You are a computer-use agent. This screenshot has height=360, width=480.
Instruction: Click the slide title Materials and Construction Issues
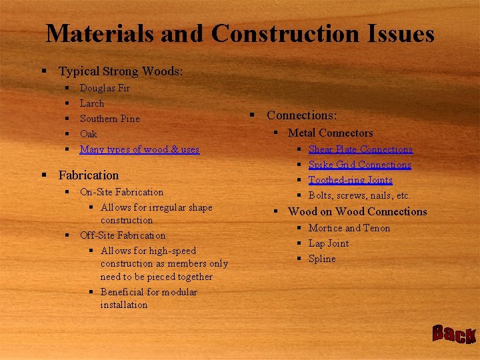click(x=240, y=33)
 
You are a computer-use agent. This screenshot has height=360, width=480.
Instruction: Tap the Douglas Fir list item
click(x=105, y=88)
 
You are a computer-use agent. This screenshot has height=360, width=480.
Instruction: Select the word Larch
click(x=92, y=103)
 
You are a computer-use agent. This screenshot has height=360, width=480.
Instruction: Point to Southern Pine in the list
click(x=109, y=119)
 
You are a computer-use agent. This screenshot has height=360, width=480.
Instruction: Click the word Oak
click(x=89, y=134)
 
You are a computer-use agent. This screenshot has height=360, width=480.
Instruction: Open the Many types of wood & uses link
click(x=139, y=149)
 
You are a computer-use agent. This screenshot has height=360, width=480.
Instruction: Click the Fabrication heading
click(x=88, y=175)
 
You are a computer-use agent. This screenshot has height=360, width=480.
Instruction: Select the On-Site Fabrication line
click(x=121, y=192)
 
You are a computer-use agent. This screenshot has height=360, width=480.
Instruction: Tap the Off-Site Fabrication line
click(x=123, y=235)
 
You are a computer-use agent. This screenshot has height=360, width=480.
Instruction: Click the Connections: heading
click(x=301, y=115)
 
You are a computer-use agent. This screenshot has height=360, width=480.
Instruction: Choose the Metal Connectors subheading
click(x=330, y=133)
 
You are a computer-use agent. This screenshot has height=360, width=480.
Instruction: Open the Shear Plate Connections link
click(x=360, y=149)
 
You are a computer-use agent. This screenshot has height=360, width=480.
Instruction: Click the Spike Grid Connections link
click(x=359, y=165)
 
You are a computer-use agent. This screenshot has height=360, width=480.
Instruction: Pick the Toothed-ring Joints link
click(x=350, y=180)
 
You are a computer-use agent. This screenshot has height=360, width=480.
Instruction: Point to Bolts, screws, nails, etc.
click(x=359, y=195)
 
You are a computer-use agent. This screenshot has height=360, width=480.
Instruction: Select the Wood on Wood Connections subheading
click(x=357, y=212)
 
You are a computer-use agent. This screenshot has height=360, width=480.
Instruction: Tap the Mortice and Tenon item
click(x=349, y=228)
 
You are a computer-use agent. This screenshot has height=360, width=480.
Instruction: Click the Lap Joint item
click(x=328, y=243)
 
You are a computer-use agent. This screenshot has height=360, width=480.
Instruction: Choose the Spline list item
click(x=322, y=259)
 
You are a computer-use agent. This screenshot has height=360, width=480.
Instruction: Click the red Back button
click(x=454, y=334)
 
